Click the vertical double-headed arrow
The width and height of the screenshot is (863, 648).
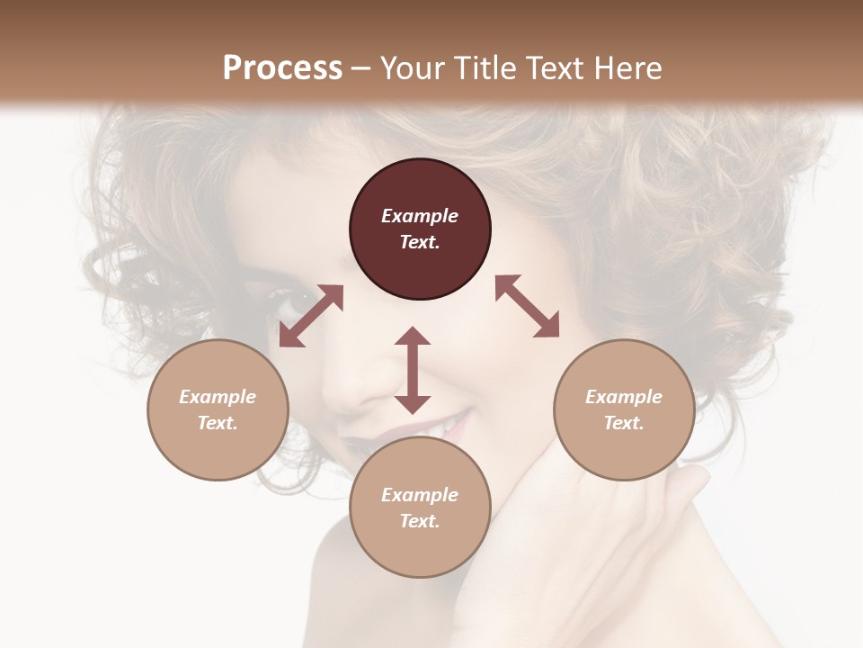pos(413,370)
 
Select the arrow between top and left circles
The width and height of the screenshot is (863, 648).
pos(311,316)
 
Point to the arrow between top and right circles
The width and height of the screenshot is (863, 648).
pos(527,306)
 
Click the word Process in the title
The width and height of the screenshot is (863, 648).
pos(282,67)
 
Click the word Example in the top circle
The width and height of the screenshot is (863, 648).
pos(420,216)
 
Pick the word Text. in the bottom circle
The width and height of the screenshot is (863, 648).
pos(420,521)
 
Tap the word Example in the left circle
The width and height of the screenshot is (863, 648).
pos(218,397)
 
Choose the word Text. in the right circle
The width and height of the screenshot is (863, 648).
pos(624,423)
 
